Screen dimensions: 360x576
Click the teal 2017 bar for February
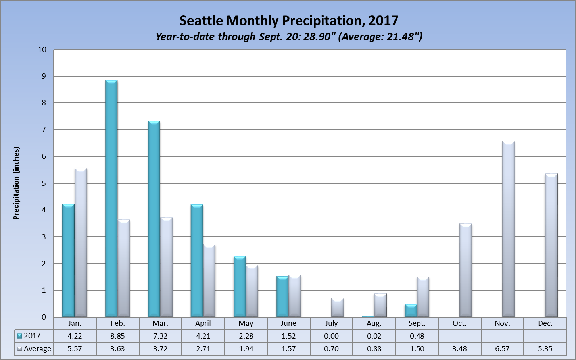(111, 198)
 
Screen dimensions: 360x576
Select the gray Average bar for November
(508, 229)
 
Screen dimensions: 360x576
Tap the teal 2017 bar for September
(411, 310)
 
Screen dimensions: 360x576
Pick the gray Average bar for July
(337, 308)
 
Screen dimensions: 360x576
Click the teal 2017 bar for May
(239, 287)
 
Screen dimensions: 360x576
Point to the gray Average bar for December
(551, 245)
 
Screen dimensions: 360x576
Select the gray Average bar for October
(465, 270)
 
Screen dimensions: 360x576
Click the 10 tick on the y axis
(42, 50)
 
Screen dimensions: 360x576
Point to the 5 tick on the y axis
(44, 183)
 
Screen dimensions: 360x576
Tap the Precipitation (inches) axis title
(16, 183)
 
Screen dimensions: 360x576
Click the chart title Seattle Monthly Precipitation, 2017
(288, 21)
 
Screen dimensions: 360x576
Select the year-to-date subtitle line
(288, 37)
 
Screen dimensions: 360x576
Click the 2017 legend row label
(32, 336)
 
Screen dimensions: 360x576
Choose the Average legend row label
(37, 349)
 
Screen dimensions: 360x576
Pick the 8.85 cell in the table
(117, 336)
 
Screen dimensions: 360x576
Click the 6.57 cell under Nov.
(502, 349)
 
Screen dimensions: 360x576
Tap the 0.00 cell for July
(331, 336)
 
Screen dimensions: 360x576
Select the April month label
(203, 323)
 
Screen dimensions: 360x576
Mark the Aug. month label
(374, 323)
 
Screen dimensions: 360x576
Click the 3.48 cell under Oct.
(459, 349)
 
